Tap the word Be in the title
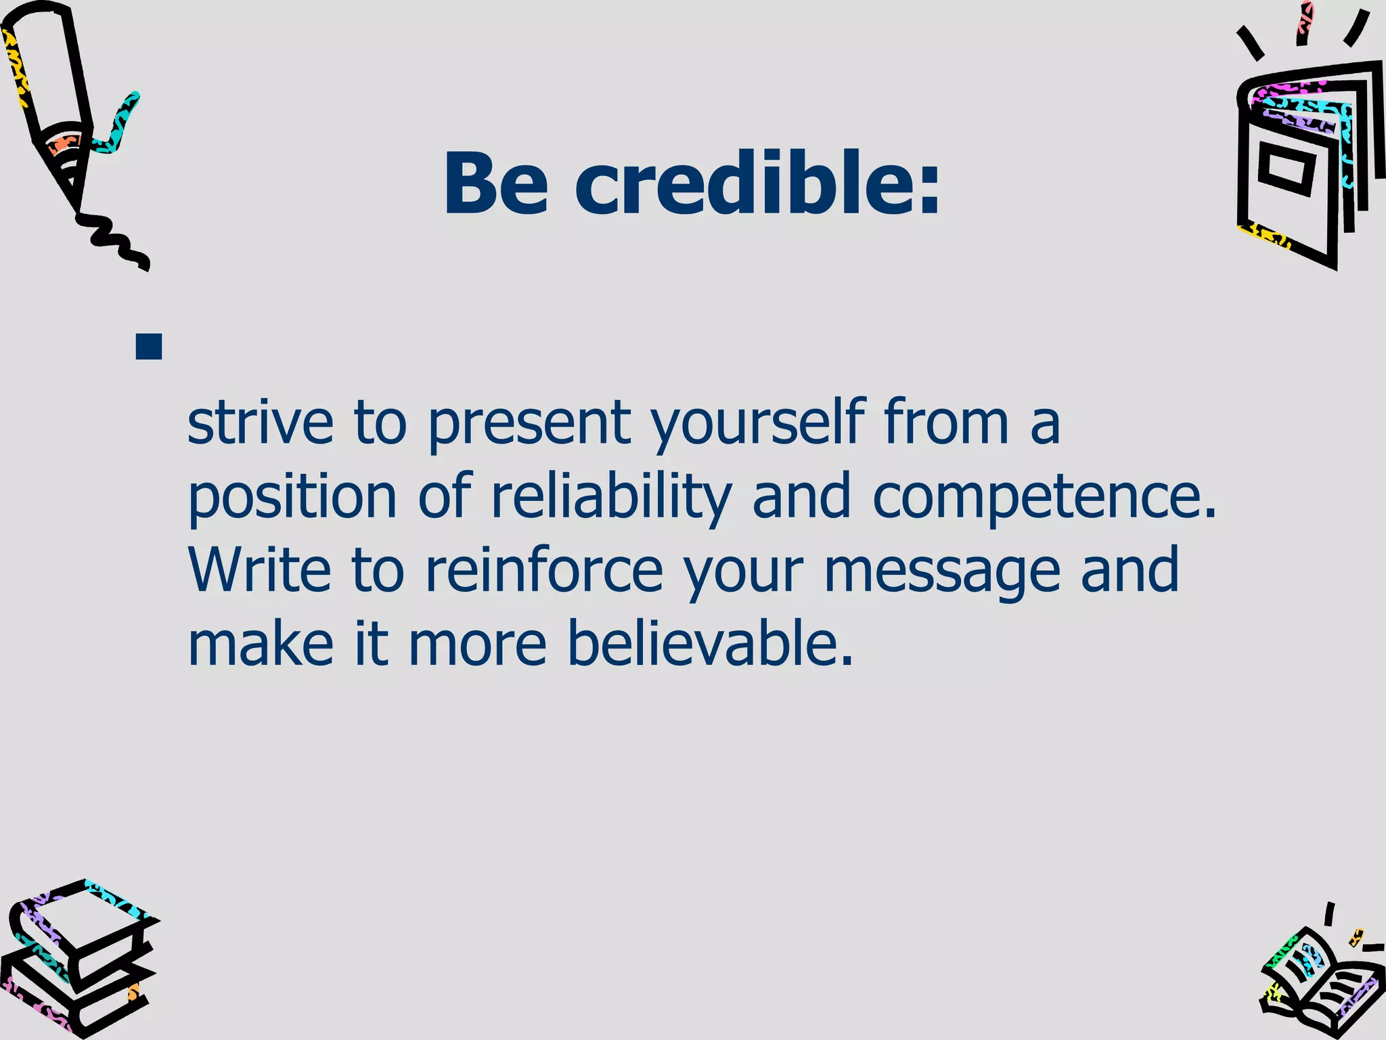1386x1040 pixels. [x=495, y=184]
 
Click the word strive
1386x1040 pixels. [x=260, y=422]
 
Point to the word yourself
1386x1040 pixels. [x=758, y=424]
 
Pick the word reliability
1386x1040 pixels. [x=611, y=498]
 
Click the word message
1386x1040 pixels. [x=941, y=573]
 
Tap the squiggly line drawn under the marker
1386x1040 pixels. [x=115, y=240]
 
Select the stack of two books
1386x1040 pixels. [x=78, y=961]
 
